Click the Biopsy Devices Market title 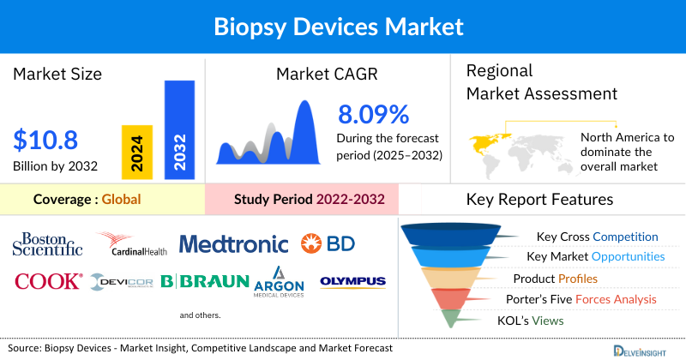(x=343, y=27)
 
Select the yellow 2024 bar (x=137, y=150)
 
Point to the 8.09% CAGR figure (x=373, y=113)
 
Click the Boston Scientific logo (x=47, y=244)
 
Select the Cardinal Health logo (x=132, y=245)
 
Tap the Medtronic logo (x=233, y=244)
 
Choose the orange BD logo (x=328, y=244)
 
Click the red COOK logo (x=48, y=281)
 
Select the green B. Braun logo (x=205, y=282)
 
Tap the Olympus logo (x=352, y=281)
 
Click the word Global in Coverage (x=121, y=200)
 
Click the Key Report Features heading (x=539, y=200)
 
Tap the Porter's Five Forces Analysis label (x=585, y=299)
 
